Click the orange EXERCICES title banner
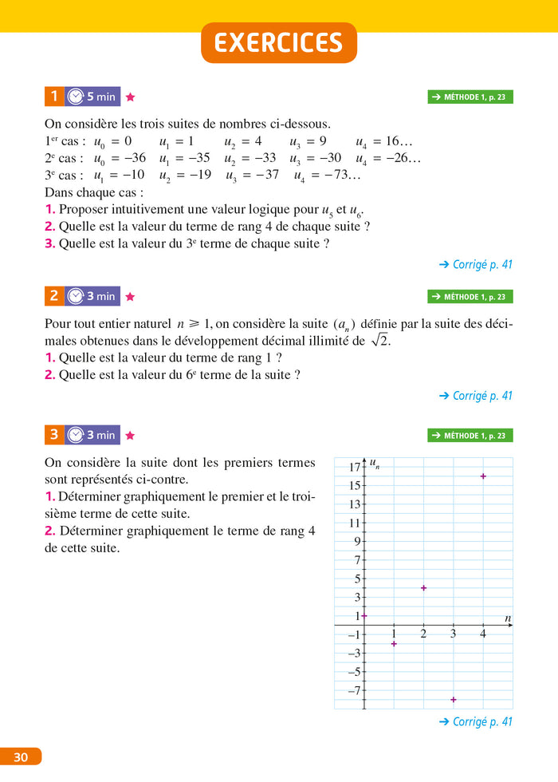pos(279,43)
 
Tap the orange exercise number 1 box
pos(53,97)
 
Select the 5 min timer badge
pos(92,97)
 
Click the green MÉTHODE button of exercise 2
pos(470,297)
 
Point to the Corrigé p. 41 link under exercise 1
pos(475,264)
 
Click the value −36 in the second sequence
pos(132,158)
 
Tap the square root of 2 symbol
pos(379,341)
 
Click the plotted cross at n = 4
pos(483,476)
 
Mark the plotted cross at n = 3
pos(454,699)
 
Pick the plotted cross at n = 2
pos(423,588)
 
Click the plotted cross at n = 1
pos(394,643)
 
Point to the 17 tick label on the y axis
pos(355,466)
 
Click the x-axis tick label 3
pos(453,634)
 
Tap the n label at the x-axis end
pos(508,618)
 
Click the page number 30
pos(21,757)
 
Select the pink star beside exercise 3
pos(131,436)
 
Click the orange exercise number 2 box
pos(53,296)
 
